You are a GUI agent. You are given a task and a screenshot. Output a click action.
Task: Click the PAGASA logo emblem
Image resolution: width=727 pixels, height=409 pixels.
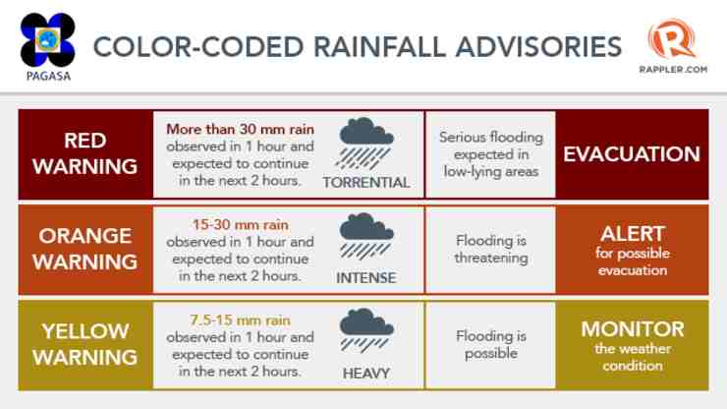click(x=48, y=40)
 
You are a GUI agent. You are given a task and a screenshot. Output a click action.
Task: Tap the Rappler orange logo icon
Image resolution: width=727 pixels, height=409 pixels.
click(x=672, y=39)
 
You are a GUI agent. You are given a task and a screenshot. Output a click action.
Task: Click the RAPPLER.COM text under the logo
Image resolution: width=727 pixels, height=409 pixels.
click(x=673, y=70)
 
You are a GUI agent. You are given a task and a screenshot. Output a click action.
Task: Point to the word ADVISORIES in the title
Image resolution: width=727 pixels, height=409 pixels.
click(x=538, y=47)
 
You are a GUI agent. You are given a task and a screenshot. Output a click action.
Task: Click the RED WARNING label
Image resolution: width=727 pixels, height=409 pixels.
click(x=84, y=153)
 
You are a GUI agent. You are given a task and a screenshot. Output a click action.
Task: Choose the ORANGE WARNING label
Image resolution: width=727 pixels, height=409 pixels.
click(x=84, y=249)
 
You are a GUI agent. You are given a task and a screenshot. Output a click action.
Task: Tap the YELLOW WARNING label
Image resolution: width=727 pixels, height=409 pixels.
click(x=84, y=344)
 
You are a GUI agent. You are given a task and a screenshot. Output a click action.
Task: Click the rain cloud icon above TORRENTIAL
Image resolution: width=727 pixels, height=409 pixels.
click(x=365, y=143)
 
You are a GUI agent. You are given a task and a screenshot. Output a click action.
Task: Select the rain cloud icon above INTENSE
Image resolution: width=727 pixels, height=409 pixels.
click(x=365, y=236)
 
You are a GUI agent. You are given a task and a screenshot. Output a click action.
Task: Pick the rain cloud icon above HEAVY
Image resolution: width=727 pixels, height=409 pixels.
click(x=365, y=330)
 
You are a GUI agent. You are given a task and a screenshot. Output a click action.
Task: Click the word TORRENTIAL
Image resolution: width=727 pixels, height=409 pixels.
click(x=366, y=183)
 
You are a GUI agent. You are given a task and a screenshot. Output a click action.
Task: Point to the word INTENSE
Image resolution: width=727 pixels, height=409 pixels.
click(x=366, y=277)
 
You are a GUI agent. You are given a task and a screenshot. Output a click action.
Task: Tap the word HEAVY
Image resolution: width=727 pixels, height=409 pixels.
click(x=366, y=373)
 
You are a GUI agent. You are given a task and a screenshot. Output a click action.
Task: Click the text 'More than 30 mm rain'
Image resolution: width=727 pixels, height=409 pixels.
click(x=240, y=129)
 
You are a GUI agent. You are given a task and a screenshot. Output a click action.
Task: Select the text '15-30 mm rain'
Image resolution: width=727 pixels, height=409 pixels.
click(x=240, y=225)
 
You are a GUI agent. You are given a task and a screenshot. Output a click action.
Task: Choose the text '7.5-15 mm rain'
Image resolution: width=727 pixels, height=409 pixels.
click(x=240, y=320)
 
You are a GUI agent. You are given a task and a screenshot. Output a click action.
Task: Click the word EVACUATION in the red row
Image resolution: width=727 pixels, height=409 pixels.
click(x=632, y=154)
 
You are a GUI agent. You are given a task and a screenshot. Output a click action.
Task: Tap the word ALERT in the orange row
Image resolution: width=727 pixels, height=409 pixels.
click(x=633, y=234)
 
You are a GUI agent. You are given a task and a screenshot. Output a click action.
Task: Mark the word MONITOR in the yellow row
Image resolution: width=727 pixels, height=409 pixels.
click(x=633, y=329)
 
